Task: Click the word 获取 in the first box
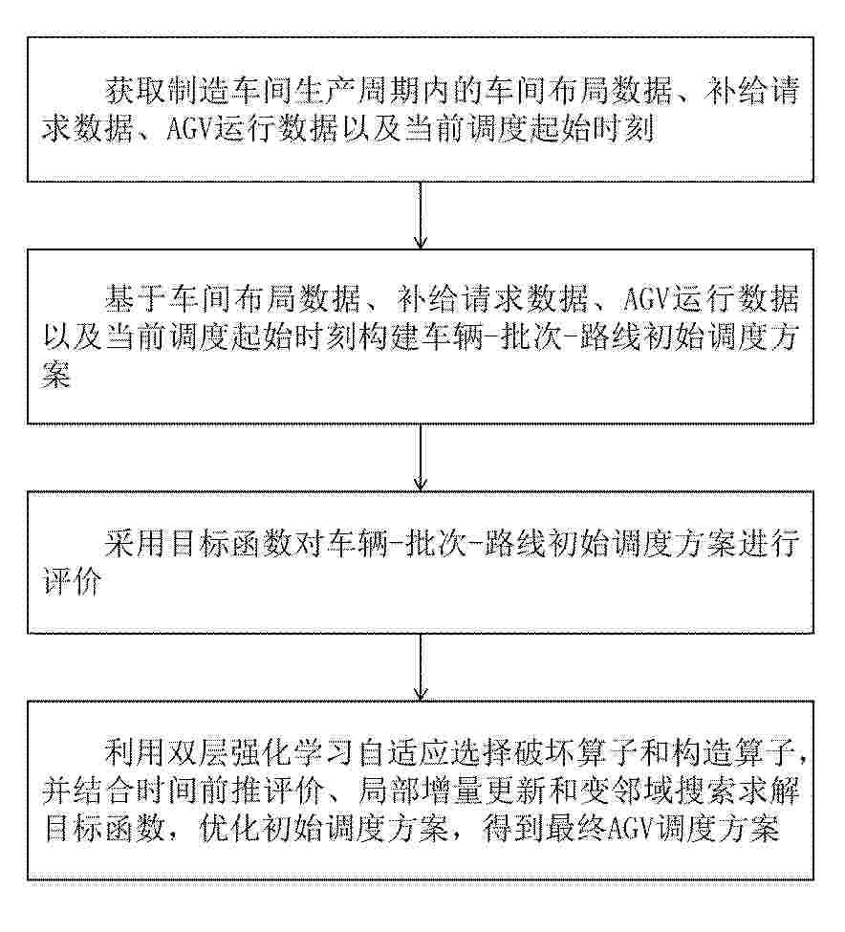pos(136,92)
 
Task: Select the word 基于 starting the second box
pos(136,299)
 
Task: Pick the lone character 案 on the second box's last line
pos(57,375)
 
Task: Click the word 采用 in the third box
pos(136,544)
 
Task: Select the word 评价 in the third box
pos(73,582)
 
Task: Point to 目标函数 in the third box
pos(230,544)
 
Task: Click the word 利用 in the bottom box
pos(136,753)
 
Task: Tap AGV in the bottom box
pos(629,830)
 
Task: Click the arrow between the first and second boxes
pos(421,214)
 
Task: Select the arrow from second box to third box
pos(421,457)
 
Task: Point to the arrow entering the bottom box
pos(421,667)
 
